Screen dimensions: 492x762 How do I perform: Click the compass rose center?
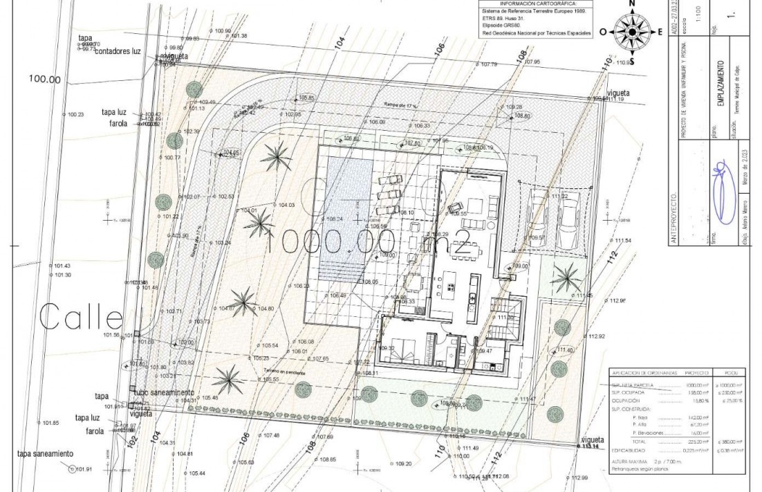(631, 31)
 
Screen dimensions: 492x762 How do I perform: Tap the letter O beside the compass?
(603, 32)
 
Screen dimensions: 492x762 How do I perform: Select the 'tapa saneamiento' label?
(45, 454)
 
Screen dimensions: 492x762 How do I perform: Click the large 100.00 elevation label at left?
(45, 79)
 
